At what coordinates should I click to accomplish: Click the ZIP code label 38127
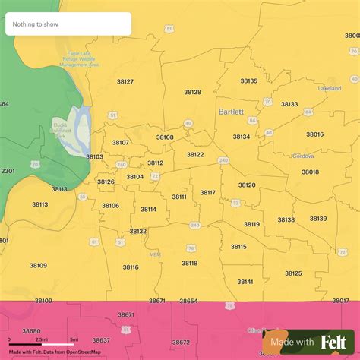pyautogui.click(x=125, y=81)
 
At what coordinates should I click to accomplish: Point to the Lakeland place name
pyautogui.click(x=330, y=89)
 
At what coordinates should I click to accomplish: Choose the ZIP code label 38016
pyautogui.click(x=314, y=134)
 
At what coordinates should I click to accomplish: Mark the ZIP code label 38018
pyautogui.click(x=310, y=172)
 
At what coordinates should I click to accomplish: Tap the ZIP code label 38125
pyautogui.click(x=293, y=273)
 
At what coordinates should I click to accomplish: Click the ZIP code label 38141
pyautogui.click(x=245, y=282)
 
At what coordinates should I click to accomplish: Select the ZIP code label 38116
pyautogui.click(x=131, y=267)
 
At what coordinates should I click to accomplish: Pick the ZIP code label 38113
pyautogui.click(x=39, y=204)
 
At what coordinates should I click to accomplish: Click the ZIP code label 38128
pyautogui.click(x=193, y=92)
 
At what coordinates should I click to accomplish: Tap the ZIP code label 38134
pyautogui.click(x=242, y=137)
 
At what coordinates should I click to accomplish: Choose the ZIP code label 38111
pyautogui.click(x=179, y=197)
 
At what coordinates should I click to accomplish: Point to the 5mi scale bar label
pyautogui.click(x=73, y=339)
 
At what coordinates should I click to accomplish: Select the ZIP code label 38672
pyautogui.click(x=182, y=343)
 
